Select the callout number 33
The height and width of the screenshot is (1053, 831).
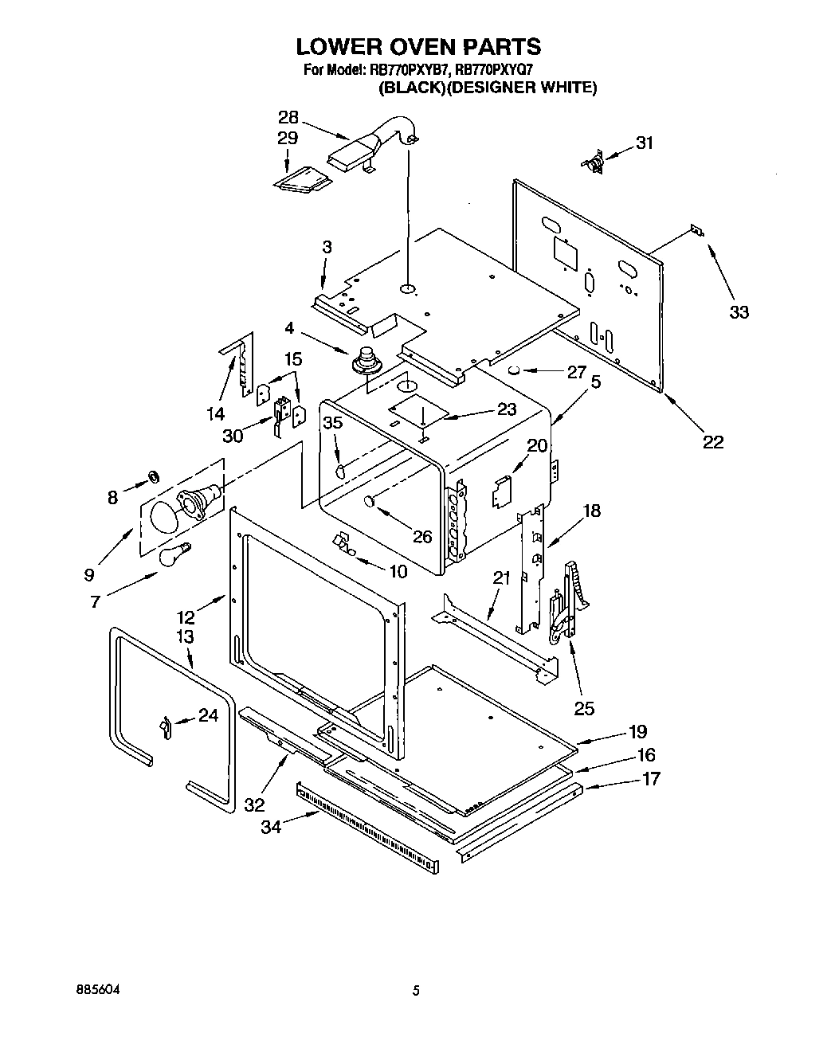pyautogui.click(x=739, y=312)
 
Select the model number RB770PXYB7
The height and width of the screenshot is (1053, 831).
pyautogui.click(x=410, y=70)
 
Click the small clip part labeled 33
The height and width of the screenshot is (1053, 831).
pyautogui.click(x=696, y=230)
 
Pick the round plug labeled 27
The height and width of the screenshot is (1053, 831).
pyautogui.click(x=515, y=370)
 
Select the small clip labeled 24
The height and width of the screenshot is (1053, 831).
pyautogui.click(x=165, y=727)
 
